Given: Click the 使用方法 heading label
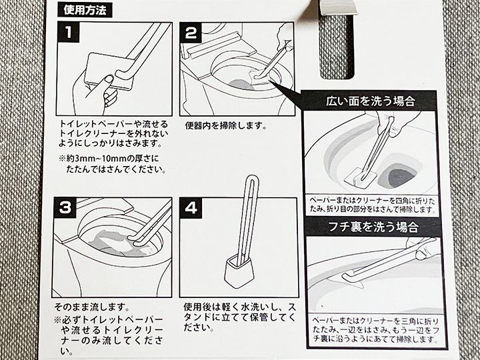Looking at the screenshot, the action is pyautogui.click(x=85, y=10).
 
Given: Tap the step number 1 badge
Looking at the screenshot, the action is pyautogui.click(x=68, y=33).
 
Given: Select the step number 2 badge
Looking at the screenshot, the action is pyautogui.click(x=191, y=33).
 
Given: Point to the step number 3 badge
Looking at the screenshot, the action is pyautogui.click(x=65, y=208).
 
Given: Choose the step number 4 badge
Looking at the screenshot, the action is pyautogui.click(x=191, y=208).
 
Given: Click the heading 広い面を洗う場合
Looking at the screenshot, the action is pyautogui.click(x=370, y=101).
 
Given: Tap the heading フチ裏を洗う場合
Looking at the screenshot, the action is pyautogui.click(x=373, y=227).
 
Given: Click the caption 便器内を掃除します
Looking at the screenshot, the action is pyautogui.click(x=226, y=126).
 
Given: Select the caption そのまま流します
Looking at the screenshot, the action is pyautogui.click(x=91, y=307).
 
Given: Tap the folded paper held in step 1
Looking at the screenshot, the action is pyautogui.click(x=109, y=71).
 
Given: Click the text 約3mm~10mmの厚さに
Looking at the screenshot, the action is pyautogui.click(x=109, y=159).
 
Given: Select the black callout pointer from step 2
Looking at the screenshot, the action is pyautogui.click(x=286, y=93).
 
